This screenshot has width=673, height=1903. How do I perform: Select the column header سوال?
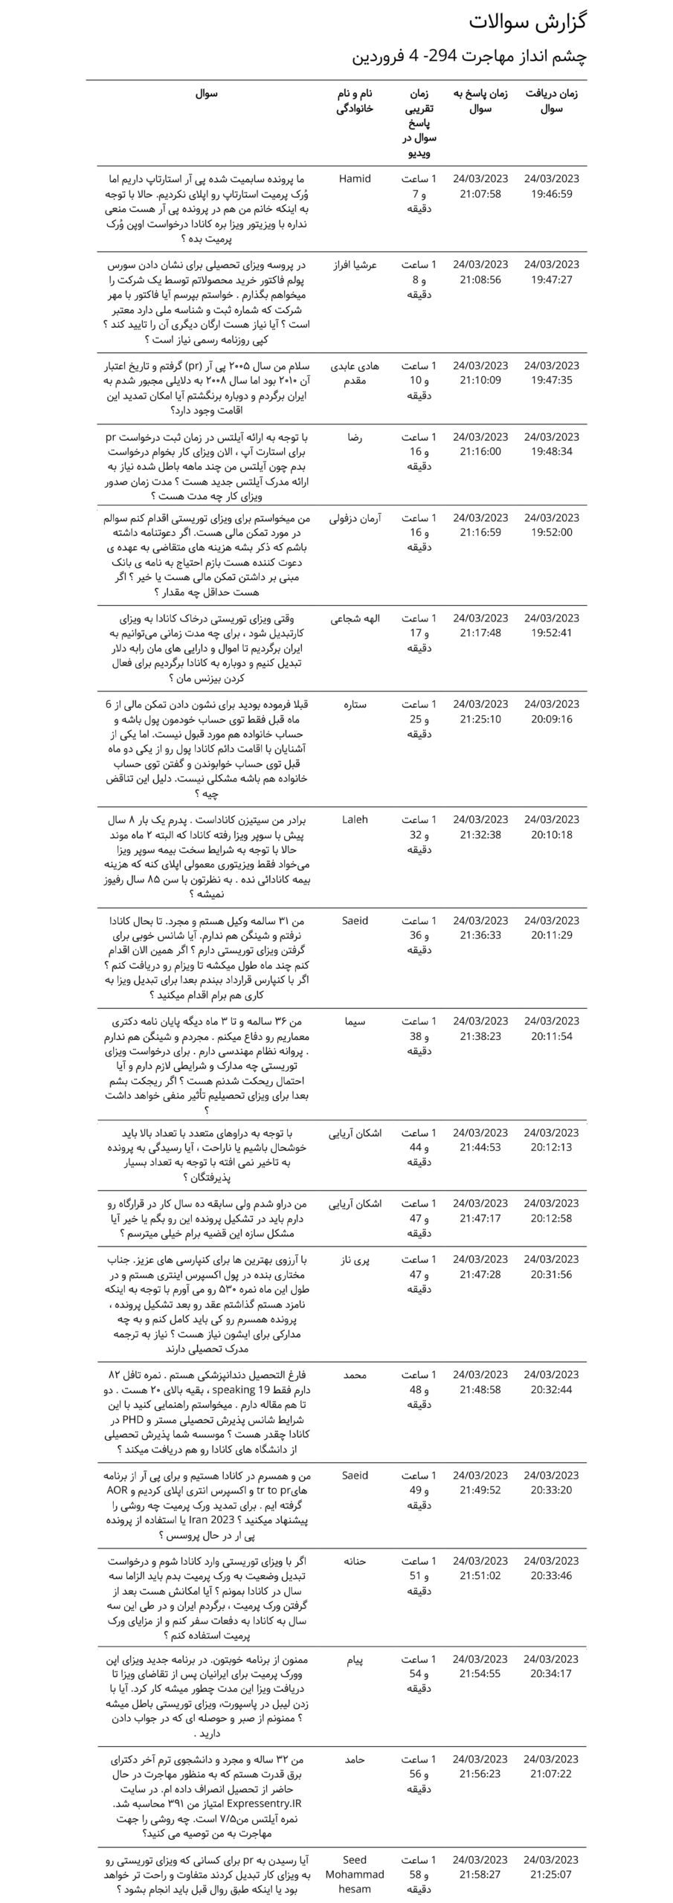207,95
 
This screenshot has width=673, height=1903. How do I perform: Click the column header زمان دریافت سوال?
551,102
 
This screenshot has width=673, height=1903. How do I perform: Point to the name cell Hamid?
355,179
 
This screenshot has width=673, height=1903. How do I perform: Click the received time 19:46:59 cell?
551,187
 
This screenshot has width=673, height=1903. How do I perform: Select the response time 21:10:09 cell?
480,373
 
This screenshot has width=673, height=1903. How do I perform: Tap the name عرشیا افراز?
355,265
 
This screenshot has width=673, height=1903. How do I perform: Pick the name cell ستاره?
355,704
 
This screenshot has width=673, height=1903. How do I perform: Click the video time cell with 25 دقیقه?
419,719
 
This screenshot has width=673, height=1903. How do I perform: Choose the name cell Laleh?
355,819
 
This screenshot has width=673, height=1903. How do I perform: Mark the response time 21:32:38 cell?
480,827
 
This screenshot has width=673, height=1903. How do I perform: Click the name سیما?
355,1021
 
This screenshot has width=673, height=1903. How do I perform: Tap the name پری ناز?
355,1259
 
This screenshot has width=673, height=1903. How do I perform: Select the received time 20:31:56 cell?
551,1267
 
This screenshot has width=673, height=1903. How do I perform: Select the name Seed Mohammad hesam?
355,1874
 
